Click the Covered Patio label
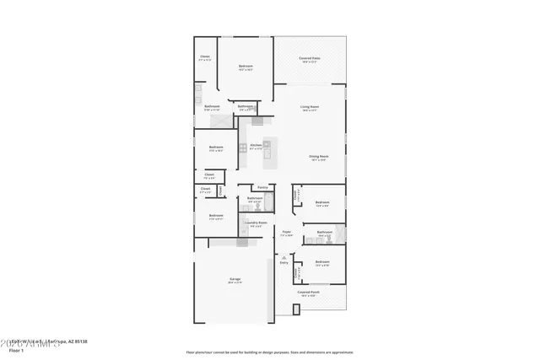tap(309, 59)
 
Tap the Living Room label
tap(310, 107)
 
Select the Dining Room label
tap(318, 158)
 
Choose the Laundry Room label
tap(256, 223)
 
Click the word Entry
tap(283, 263)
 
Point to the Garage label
tap(235, 282)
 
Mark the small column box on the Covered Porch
tap(296, 309)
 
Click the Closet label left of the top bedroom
tap(205, 57)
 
